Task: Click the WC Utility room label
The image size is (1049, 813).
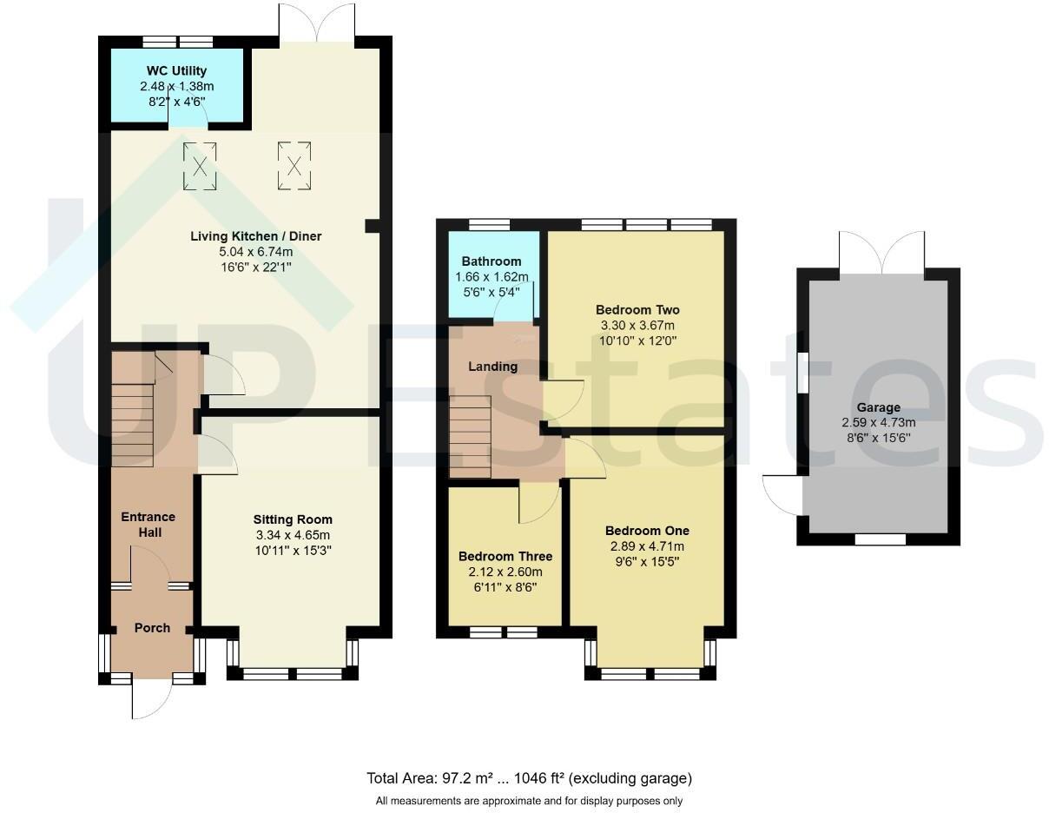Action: (x=177, y=71)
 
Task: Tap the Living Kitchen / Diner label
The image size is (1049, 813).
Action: (x=251, y=236)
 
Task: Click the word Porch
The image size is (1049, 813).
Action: (x=152, y=628)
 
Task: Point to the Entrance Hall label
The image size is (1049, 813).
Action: (x=148, y=525)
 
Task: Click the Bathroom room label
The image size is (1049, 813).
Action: (x=492, y=261)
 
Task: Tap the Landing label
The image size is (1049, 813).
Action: (x=493, y=367)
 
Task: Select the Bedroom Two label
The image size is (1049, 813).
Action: (x=637, y=310)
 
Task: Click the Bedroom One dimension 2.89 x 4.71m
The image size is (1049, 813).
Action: (x=647, y=546)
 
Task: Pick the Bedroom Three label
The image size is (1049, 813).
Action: (x=505, y=556)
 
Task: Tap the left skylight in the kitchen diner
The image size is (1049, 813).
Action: (x=200, y=165)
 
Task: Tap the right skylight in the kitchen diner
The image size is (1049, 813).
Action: (x=294, y=165)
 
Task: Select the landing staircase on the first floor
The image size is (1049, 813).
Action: (x=470, y=436)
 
